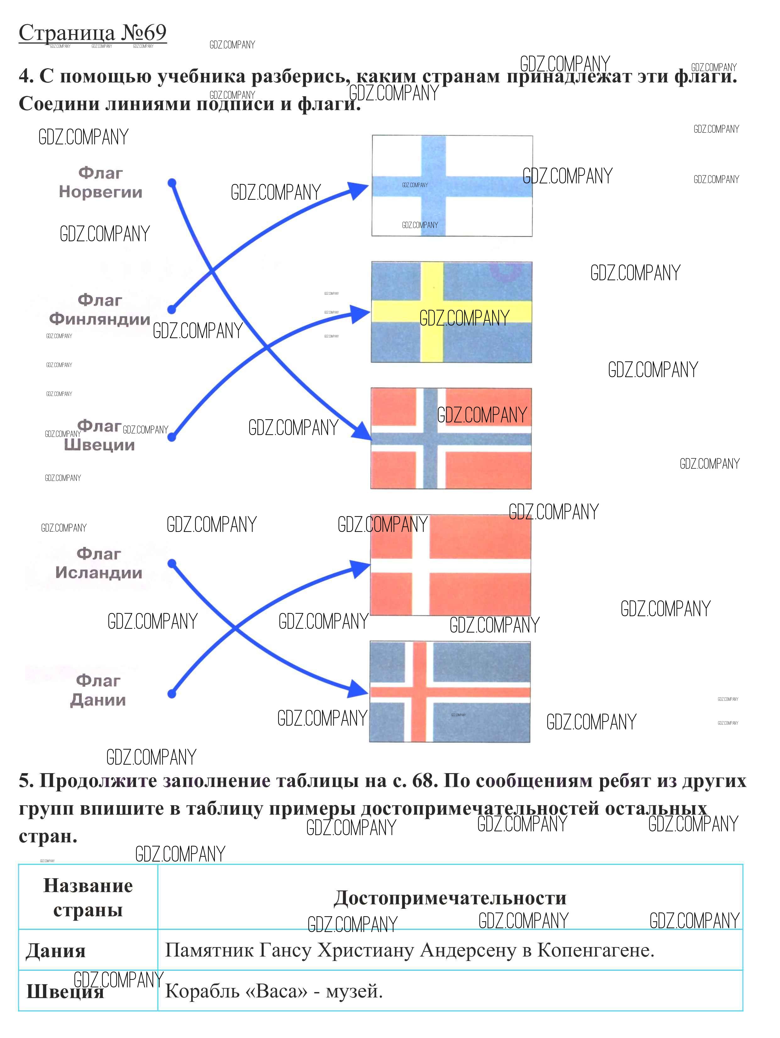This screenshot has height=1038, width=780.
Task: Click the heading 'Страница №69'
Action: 92,33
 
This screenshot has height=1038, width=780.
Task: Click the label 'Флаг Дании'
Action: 98,691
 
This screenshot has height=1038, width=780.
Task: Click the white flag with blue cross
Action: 452,186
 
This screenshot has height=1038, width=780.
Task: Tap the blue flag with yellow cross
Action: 451,312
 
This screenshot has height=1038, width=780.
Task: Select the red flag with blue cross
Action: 451,438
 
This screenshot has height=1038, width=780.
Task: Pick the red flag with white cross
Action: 450,565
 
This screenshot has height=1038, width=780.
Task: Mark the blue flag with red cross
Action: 450,692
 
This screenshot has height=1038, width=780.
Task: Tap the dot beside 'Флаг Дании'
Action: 172,694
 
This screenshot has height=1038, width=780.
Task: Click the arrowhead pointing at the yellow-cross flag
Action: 361,314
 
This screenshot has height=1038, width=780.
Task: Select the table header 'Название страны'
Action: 88,897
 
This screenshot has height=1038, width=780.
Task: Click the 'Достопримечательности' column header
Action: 450,898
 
